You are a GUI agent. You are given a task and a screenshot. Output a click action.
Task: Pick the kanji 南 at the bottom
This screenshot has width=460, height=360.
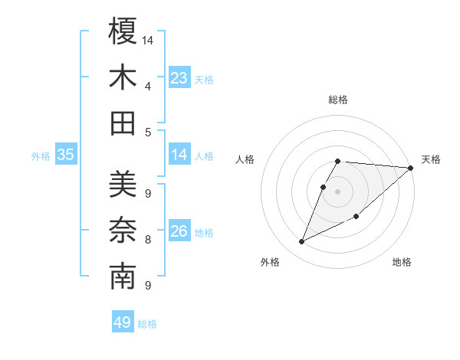123,277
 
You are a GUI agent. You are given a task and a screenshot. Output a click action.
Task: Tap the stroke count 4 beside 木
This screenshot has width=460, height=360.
147,86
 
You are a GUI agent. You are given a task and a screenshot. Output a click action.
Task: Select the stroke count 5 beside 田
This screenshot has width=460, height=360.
147,132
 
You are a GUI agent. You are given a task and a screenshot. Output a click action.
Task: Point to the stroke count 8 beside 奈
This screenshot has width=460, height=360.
147,240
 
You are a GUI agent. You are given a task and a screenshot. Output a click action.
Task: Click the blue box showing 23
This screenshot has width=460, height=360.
179,78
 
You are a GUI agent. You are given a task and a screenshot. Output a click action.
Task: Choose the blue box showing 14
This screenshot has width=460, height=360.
179,155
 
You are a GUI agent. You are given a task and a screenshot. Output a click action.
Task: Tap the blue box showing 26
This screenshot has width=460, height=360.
179,231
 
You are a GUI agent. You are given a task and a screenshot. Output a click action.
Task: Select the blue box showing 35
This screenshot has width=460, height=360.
66,155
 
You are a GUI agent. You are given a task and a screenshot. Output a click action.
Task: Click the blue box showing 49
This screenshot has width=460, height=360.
123,322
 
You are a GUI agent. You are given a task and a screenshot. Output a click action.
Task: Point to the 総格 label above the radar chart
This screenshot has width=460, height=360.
338,100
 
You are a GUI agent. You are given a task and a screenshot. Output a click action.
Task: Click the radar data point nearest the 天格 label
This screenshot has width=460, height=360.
410,168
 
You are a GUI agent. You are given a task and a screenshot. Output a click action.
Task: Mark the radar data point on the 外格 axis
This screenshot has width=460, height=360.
301,242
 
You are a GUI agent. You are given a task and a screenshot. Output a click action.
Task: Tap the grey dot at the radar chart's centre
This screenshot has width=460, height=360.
338,191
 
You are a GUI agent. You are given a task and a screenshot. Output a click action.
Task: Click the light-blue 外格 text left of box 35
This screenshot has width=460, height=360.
41,156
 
